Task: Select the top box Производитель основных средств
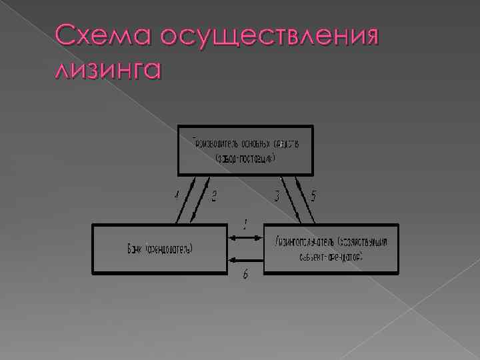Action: [x=245, y=150]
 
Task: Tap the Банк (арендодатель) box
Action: [x=159, y=249]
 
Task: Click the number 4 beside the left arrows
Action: [x=177, y=196]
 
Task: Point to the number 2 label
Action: [x=214, y=197]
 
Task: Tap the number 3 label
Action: [x=277, y=197]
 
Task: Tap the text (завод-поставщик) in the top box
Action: [x=245, y=159]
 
